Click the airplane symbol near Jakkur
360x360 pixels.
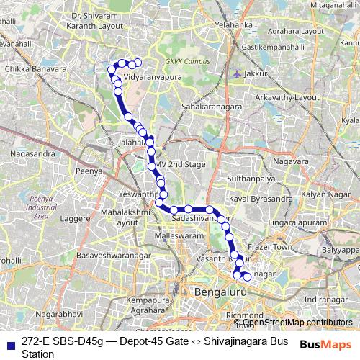pyautogui.click(x=237, y=73)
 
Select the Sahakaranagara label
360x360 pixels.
pyautogui.click(x=216, y=106)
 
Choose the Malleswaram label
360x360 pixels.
pyautogui.click(x=179, y=235)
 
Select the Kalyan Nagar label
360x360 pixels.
pyautogui.click(x=324, y=195)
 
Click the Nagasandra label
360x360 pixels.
pyautogui.click(x=34, y=153)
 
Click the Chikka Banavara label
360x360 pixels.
pyautogui.click(x=31, y=70)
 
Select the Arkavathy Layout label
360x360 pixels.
pyautogui.click(x=292, y=96)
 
